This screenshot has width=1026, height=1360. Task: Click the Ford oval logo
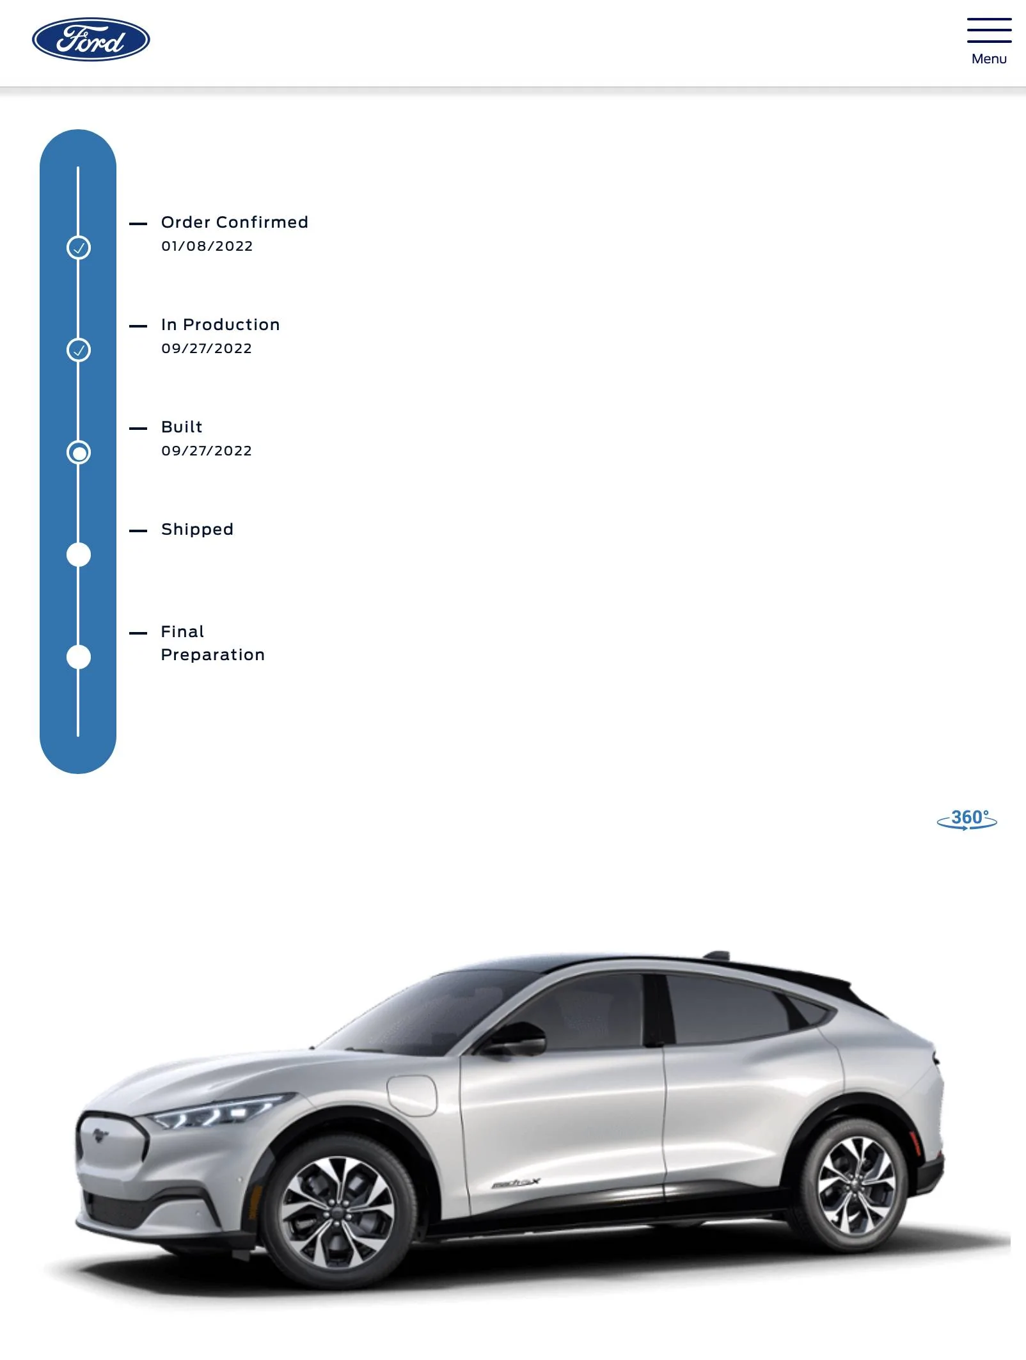tap(91, 40)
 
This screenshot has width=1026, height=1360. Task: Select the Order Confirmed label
tap(235, 222)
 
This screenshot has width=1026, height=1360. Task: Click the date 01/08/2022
tap(207, 246)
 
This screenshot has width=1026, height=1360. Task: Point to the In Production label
tap(221, 324)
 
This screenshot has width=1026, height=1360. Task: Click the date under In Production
tap(207, 349)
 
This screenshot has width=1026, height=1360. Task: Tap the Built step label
tap(182, 427)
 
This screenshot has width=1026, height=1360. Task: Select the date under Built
tap(207, 451)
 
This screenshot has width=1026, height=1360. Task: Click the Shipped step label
tap(197, 530)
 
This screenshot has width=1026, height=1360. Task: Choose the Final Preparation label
tap(213, 643)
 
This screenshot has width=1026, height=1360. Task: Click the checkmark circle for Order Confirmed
tap(79, 248)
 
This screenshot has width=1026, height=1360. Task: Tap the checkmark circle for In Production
tap(79, 350)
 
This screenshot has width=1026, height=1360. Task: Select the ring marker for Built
tap(79, 452)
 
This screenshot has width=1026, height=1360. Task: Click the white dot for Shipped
tap(79, 555)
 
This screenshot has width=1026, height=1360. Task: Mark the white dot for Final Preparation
tap(79, 657)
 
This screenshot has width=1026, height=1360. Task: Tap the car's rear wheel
tap(856, 1185)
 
